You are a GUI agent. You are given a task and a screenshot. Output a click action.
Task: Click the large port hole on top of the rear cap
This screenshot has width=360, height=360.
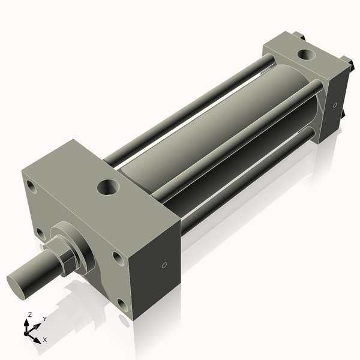click(x=307, y=56)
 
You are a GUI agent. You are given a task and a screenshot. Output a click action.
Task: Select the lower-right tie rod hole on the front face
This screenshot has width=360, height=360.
click(x=122, y=305)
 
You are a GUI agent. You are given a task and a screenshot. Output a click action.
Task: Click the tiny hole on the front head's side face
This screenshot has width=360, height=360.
click(x=164, y=265)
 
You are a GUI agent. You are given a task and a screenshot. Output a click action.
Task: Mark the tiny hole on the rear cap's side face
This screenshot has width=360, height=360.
click(x=335, y=106)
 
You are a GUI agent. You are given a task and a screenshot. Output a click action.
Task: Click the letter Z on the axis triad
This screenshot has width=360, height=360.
click(x=30, y=314)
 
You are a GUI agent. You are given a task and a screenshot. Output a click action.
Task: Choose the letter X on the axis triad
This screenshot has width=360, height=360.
click(x=45, y=340)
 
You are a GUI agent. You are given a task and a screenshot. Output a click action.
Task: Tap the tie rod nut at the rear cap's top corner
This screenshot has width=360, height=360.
click(x=297, y=36)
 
